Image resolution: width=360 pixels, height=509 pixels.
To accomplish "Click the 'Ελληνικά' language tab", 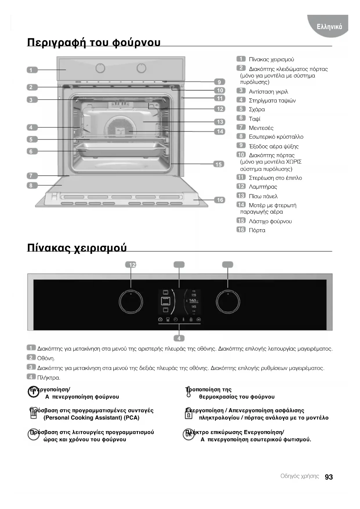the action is tap(329, 27).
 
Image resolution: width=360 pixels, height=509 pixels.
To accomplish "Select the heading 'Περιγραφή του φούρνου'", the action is tap(94, 42).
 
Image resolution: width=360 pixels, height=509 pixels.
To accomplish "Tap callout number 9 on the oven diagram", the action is tap(219, 82).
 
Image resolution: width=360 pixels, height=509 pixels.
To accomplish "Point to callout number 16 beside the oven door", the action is tap(220, 200).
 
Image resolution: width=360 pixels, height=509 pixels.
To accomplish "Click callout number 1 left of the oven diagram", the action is tap(31, 70).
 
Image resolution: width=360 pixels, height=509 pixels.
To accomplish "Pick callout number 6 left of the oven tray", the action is tap(31, 151).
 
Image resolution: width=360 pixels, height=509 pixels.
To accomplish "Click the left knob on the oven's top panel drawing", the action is tap(100, 68).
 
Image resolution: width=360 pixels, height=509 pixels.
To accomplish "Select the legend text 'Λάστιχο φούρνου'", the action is tap(270, 221).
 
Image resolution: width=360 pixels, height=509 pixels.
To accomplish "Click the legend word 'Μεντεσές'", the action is tap(261, 128).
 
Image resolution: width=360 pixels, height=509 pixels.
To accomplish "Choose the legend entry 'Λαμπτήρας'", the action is tap(263, 187).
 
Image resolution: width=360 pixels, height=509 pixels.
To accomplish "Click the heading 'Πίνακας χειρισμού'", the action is tap(77, 248).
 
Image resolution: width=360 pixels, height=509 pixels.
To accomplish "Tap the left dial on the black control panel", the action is tap(131, 302).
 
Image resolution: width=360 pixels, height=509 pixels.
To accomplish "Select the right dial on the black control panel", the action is tap(228, 302).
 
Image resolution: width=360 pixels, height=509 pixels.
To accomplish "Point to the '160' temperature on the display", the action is tap(193, 301).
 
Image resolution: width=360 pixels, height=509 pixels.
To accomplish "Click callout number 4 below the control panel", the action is tap(179, 338).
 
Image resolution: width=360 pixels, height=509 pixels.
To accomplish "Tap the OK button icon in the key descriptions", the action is tap(188, 434).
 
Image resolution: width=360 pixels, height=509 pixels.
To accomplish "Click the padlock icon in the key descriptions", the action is tap(189, 415).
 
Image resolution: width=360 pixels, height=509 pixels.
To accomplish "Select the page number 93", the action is tap(329, 477).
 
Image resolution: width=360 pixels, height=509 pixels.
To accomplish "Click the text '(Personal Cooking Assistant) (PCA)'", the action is tap(91, 418).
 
